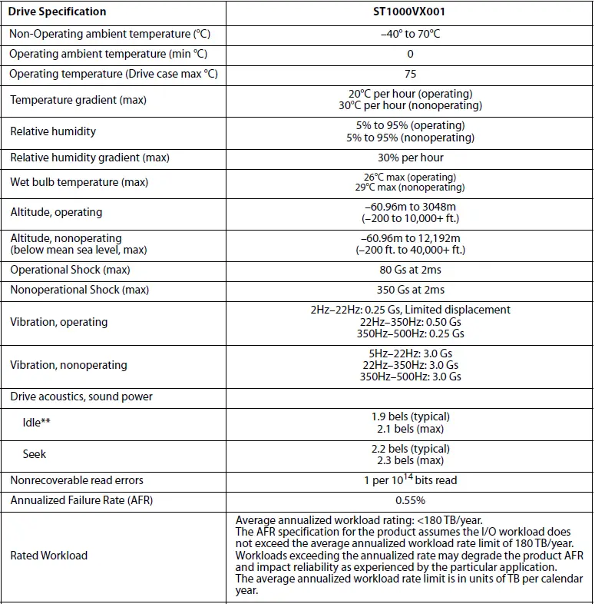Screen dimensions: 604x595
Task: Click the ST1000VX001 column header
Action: [410, 12]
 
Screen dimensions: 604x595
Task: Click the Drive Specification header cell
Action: [58, 12]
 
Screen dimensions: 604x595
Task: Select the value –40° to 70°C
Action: [410, 34]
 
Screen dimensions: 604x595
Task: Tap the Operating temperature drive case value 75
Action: [410, 74]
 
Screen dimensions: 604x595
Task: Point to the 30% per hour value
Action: [410, 158]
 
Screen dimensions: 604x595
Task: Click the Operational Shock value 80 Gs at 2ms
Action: [410, 270]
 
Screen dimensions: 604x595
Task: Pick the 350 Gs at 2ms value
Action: [410, 290]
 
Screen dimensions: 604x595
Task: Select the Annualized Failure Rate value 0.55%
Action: [410, 500]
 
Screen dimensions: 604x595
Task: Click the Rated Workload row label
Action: [49, 555]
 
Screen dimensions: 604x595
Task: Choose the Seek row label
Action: [35, 454]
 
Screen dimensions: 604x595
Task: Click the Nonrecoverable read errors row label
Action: [77, 480]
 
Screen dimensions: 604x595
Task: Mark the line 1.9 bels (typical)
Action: [410, 417]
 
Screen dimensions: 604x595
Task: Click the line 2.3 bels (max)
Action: [410, 460]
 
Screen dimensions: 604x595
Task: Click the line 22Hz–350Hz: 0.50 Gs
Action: [410, 322]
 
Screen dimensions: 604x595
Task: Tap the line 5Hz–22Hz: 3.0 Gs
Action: [410, 353]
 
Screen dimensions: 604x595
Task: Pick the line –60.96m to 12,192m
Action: [410, 238]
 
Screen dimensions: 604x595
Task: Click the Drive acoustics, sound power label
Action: [81, 397]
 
